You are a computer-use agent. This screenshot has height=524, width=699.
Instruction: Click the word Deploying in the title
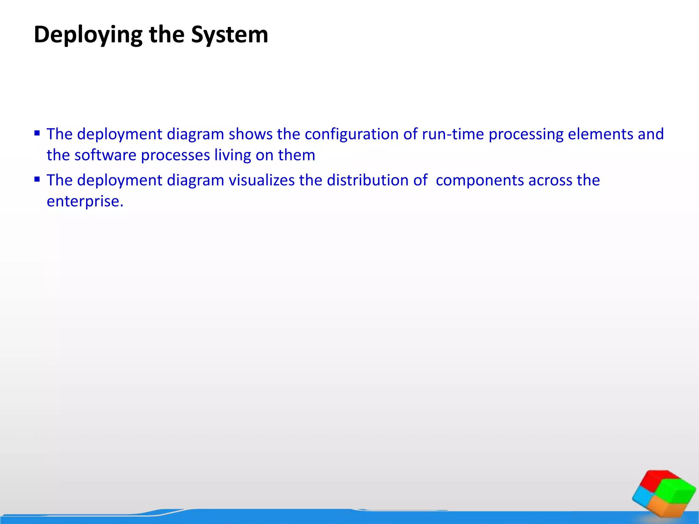[88, 35]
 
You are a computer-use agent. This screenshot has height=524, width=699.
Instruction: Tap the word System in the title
[229, 34]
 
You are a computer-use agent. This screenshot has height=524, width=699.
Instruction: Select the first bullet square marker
[37, 133]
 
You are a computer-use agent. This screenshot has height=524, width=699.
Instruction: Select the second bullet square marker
[37, 179]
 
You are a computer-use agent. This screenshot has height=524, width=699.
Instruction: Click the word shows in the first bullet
[251, 134]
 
